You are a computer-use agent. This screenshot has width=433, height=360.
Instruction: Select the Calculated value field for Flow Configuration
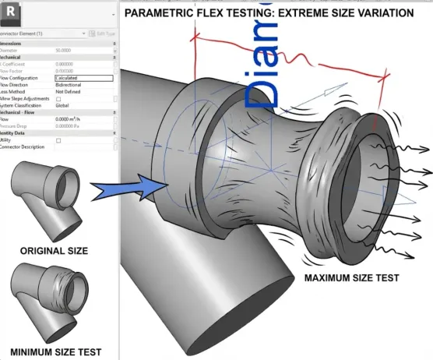[x=83, y=78]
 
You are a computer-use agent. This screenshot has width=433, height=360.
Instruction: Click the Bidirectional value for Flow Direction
[x=69, y=85]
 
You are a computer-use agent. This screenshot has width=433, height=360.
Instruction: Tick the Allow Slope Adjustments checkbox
[x=58, y=99]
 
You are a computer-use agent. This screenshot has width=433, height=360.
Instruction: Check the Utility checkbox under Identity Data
[x=58, y=140]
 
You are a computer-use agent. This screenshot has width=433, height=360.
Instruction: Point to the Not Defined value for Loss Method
[x=68, y=92]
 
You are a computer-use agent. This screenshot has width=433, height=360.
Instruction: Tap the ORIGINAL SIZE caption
[x=54, y=251]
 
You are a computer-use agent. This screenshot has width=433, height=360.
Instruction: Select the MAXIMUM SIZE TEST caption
[x=352, y=279]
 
